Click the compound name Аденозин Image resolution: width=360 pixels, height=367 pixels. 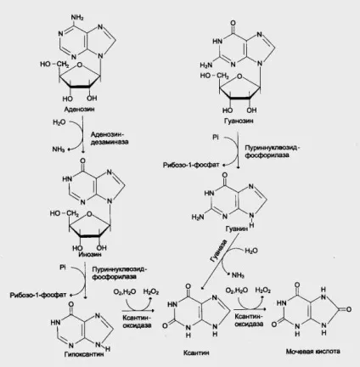click(79, 110)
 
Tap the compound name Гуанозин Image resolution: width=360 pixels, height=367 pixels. click(239, 121)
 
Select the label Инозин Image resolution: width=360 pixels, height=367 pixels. click(90, 254)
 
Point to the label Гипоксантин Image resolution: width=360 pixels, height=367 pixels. click(84, 354)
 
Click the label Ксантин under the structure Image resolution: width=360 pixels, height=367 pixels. click(196, 353)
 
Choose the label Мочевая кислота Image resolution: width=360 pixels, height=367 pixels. click(312, 352)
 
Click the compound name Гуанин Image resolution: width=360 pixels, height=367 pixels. click(237, 229)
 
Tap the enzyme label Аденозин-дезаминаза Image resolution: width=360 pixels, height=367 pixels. click(110, 138)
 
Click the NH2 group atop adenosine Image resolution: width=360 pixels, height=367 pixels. click(77, 18)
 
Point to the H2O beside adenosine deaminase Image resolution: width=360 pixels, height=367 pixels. click(59, 122)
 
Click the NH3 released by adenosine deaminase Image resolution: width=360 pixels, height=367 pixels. click(59, 149)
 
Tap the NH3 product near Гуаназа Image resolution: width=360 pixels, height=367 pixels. click(238, 275)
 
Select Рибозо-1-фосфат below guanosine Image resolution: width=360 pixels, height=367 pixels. click(191, 165)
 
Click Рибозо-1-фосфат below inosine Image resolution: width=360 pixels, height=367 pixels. click(38, 295)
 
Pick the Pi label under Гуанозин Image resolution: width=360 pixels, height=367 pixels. click(216, 138)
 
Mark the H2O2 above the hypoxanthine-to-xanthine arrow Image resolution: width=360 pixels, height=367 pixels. click(151, 291)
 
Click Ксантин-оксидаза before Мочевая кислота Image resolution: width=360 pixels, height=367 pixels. click(249, 320)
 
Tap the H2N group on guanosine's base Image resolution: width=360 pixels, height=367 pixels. click(206, 65)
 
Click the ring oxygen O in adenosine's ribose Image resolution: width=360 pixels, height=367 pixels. click(80, 65)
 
